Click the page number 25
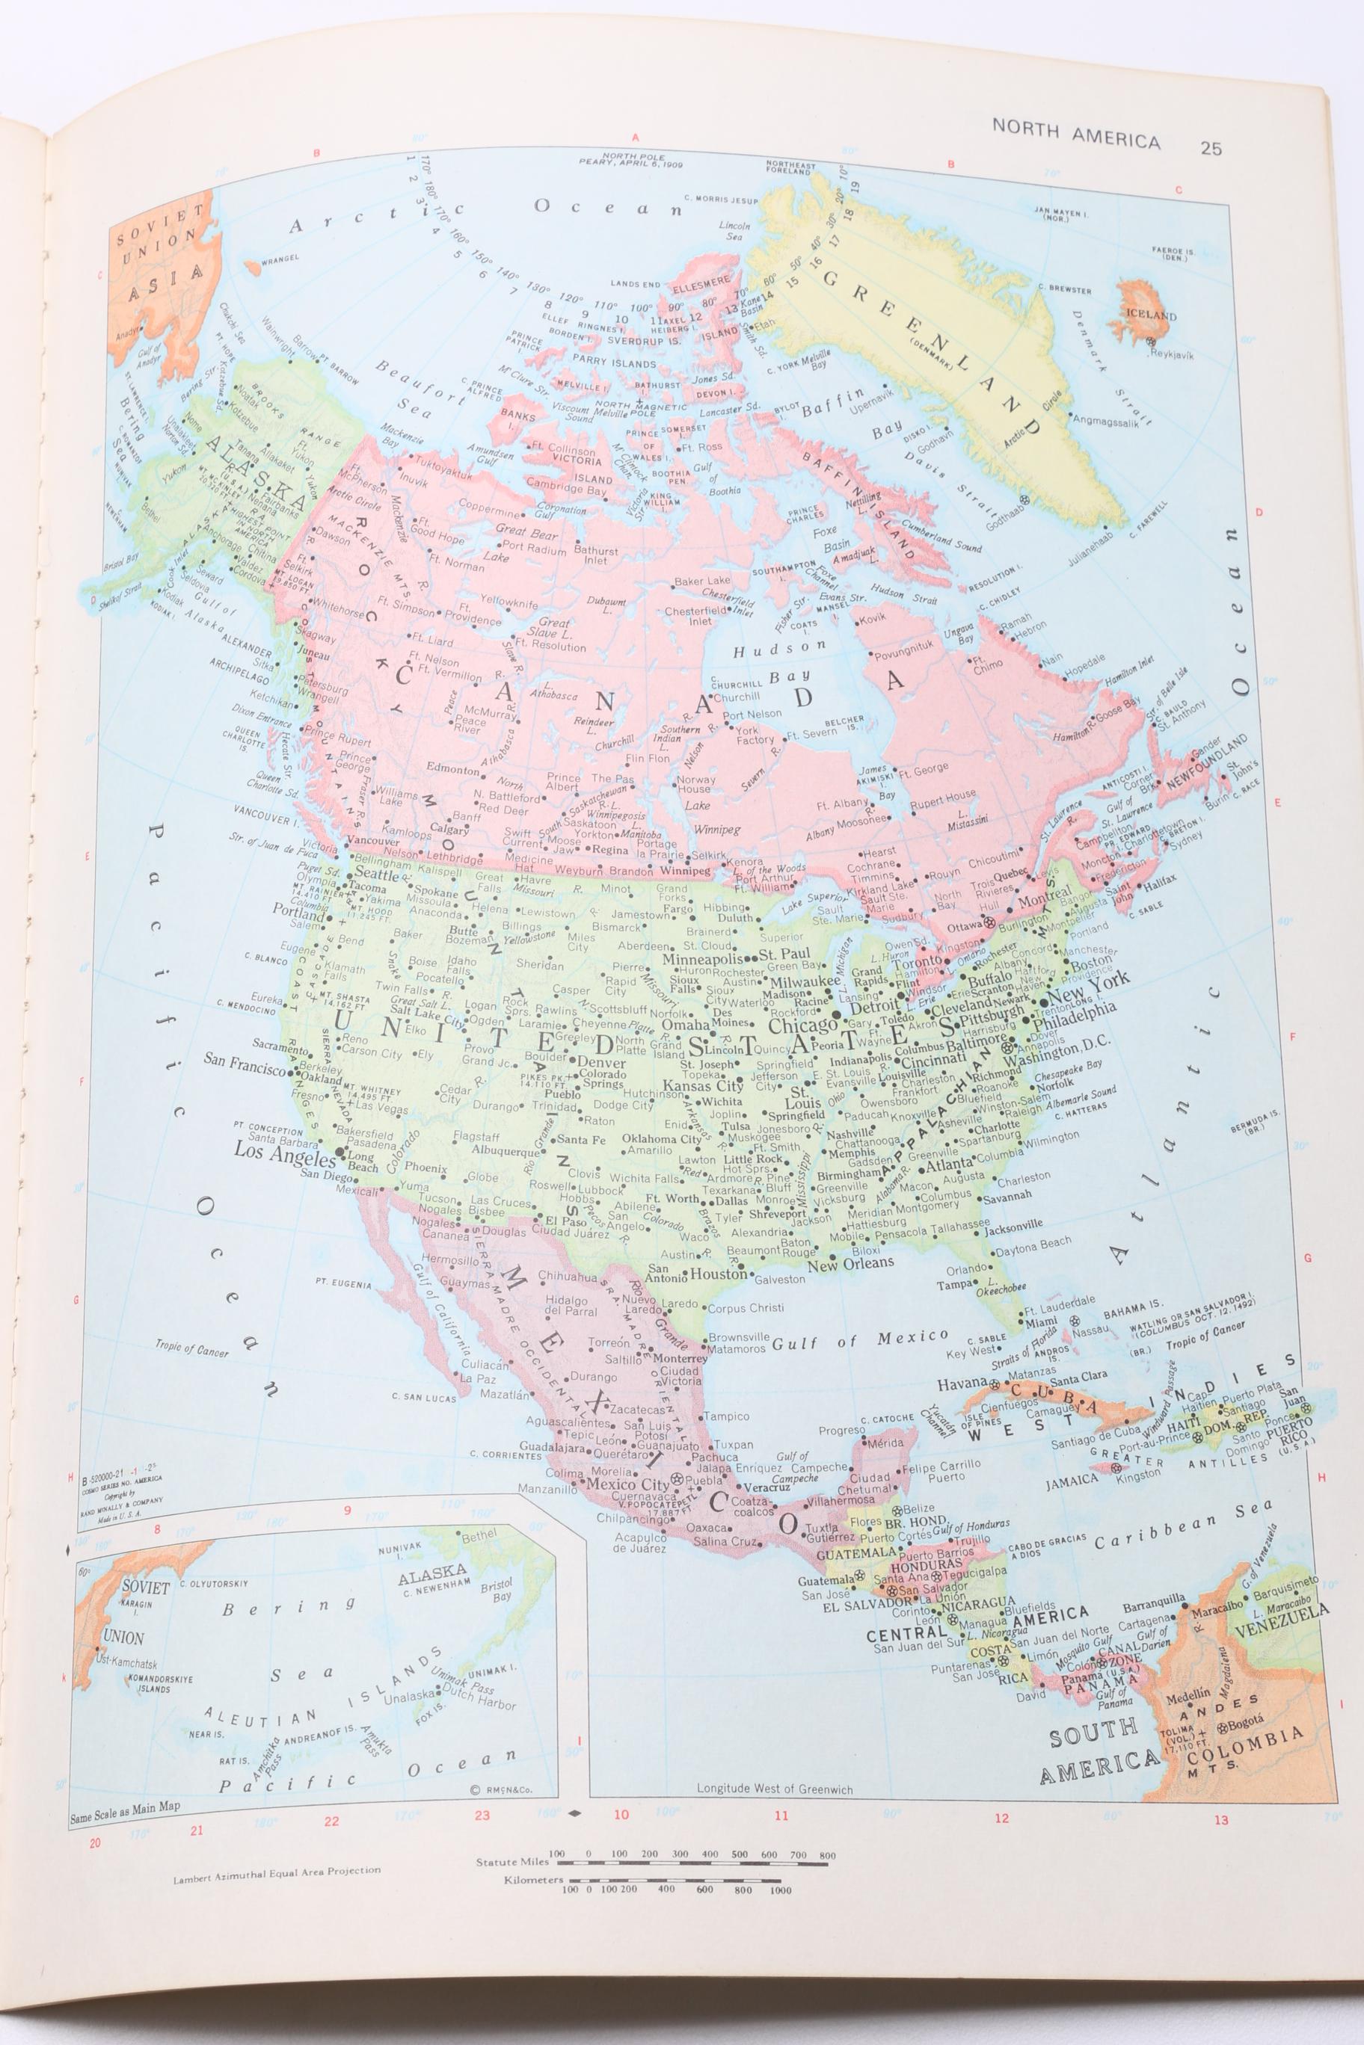(1210, 148)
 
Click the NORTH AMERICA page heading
(1076, 143)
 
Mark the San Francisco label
(245, 1060)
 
